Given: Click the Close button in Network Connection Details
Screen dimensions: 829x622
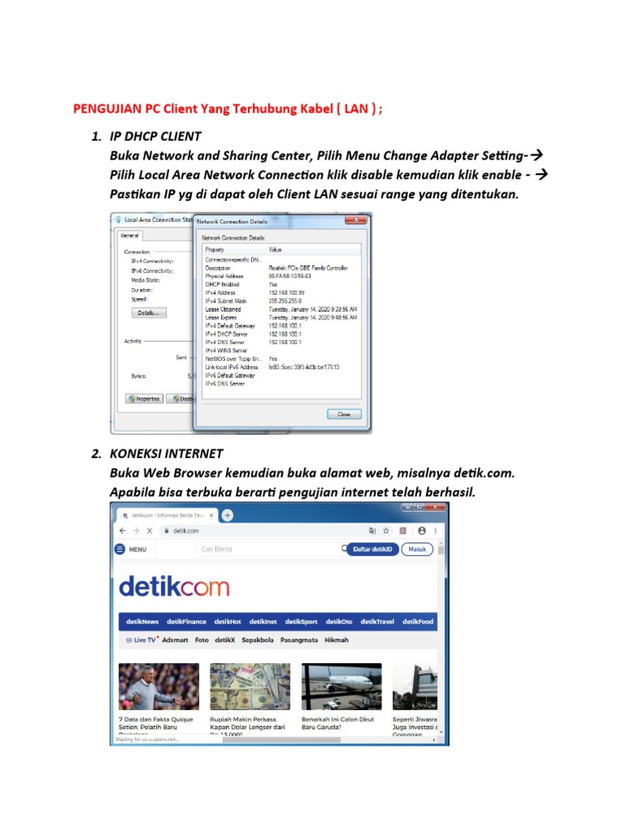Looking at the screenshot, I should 344,413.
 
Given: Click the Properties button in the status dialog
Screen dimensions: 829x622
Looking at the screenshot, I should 144,398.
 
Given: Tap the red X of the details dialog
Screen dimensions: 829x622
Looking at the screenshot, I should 354,219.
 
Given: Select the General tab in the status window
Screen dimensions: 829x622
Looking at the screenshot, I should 130,236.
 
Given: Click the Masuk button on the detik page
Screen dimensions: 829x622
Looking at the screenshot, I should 417,549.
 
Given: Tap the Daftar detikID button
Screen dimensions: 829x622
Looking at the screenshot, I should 373,549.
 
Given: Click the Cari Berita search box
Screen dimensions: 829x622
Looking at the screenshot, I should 267,550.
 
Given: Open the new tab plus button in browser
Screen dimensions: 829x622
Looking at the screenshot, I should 228,515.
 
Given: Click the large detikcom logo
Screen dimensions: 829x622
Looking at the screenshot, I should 174,586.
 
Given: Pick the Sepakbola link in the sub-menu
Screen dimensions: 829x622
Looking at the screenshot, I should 253,640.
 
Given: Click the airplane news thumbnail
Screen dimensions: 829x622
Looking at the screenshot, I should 342,687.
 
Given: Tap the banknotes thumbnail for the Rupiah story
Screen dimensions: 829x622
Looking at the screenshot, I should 250,687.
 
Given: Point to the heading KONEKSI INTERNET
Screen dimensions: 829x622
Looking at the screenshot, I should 166,453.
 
